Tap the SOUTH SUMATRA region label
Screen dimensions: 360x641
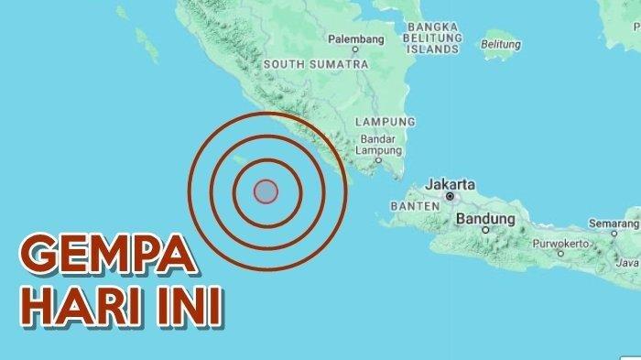click(x=315, y=65)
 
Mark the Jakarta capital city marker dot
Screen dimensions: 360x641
click(x=451, y=196)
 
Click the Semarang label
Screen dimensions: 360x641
click(x=616, y=224)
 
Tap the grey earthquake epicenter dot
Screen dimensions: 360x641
click(x=265, y=191)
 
